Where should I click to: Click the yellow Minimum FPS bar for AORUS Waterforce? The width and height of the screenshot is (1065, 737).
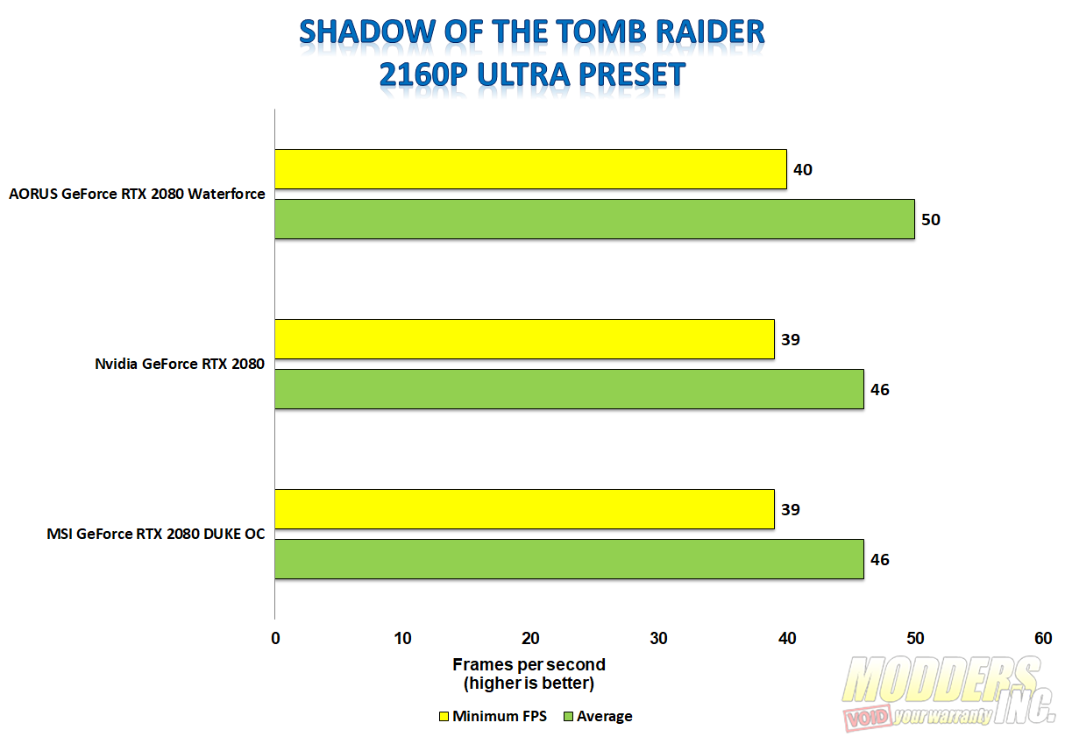tap(530, 169)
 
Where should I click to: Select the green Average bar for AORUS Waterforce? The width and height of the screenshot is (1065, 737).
tap(595, 219)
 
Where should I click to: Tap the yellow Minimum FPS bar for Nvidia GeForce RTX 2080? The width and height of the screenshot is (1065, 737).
tap(524, 339)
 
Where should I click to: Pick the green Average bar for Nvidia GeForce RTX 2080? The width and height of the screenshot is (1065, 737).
tap(569, 389)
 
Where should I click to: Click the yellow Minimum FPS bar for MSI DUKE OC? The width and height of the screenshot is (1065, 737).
tap(524, 509)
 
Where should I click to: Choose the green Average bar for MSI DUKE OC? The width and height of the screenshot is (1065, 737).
tap(569, 559)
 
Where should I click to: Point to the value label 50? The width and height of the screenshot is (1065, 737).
tap(930, 220)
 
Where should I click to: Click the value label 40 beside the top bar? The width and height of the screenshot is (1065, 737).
tap(803, 170)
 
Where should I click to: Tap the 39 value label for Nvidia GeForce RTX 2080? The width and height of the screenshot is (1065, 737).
tap(790, 339)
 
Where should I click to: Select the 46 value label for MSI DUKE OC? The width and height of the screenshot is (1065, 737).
tap(879, 560)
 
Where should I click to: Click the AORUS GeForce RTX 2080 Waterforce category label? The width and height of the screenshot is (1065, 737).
tap(137, 194)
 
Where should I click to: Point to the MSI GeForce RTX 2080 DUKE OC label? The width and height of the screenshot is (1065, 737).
tap(155, 534)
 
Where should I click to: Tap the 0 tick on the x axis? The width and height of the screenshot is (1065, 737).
tap(275, 638)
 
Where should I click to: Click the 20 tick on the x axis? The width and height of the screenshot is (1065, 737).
tap(530, 638)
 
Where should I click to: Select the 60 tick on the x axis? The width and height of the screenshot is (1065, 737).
tap(1043, 638)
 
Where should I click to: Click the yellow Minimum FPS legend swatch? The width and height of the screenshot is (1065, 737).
tap(444, 717)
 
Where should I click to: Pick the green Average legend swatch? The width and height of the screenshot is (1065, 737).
tap(568, 717)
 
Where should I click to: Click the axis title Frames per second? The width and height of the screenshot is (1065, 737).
tap(529, 664)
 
